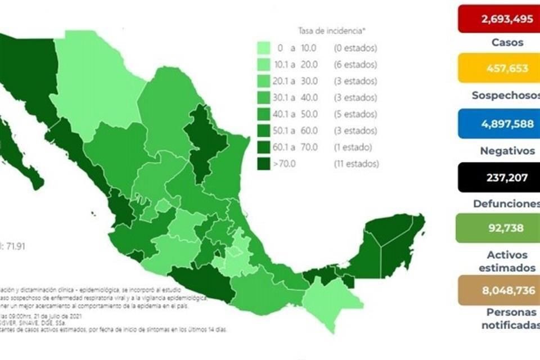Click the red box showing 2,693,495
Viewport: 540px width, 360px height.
499,18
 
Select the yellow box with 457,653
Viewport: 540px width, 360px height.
499,69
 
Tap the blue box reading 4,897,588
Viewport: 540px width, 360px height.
499,124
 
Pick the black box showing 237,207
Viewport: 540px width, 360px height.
499,178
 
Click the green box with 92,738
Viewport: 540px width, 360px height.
499,228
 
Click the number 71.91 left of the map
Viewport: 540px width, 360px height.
14,246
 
